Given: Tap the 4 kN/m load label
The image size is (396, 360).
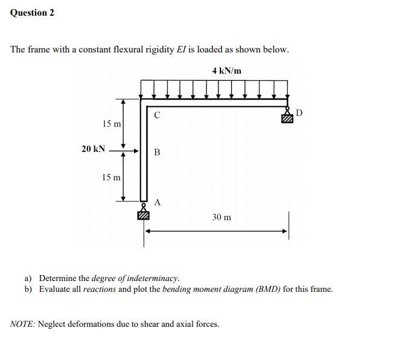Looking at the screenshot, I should coord(227,71).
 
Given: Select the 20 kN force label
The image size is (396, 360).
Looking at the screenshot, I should coord(94,149).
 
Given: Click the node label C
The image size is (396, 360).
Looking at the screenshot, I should coord(157,114).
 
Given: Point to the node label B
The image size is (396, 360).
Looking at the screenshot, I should coord(157,152).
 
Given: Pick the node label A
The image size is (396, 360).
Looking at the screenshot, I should coord(157,202).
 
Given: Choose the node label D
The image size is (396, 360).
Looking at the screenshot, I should coord(300,113).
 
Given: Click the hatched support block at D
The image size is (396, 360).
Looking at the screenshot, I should coord(287,119).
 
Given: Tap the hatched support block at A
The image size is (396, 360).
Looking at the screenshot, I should coord(144,214).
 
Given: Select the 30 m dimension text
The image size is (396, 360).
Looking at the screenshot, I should coord(222,216).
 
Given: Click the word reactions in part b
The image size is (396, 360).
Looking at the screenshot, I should coord(99,289).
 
